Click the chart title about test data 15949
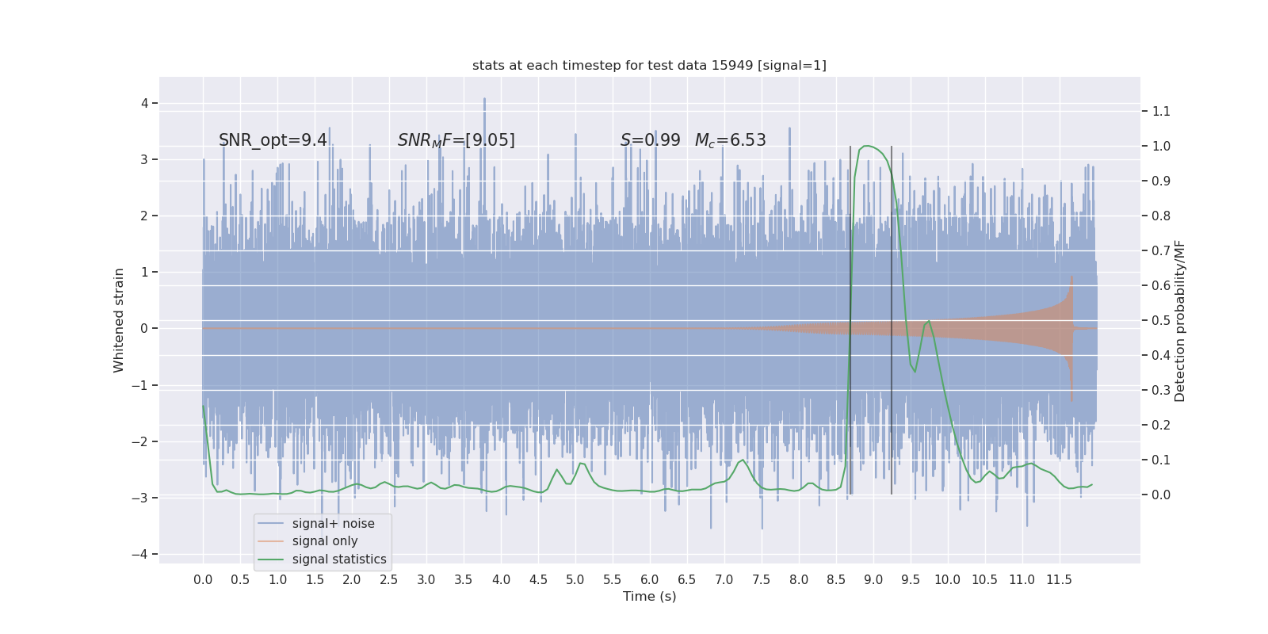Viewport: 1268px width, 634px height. pyautogui.click(x=649, y=66)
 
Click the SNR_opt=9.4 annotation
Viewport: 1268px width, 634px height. pyautogui.click(x=273, y=140)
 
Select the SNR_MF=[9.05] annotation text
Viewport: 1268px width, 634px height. pyautogui.click(x=456, y=140)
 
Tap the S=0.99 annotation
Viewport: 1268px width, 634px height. pyautogui.click(x=650, y=140)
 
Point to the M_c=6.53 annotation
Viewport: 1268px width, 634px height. pyautogui.click(x=730, y=140)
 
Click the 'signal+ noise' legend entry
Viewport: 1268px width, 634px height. pyautogui.click(x=333, y=524)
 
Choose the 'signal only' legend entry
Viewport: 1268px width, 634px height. pyautogui.click(x=324, y=541)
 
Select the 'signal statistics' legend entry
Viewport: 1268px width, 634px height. pyautogui.click(x=338, y=560)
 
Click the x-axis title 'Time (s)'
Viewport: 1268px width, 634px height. pyautogui.click(x=649, y=596)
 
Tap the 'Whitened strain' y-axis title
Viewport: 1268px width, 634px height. pyautogui.click(x=119, y=320)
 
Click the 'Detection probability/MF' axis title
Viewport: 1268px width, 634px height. pyautogui.click(x=1180, y=320)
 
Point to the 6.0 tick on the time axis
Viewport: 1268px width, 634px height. pyautogui.click(x=649, y=579)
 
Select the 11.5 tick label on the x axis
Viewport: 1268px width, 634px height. pyautogui.click(x=1059, y=579)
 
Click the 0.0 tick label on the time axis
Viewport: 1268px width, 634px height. pyautogui.click(x=203, y=579)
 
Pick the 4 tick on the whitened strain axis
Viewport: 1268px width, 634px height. pyautogui.click(x=144, y=103)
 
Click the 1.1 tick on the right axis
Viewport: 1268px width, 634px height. pyautogui.click(x=1160, y=112)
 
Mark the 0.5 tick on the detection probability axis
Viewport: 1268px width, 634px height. pyautogui.click(x=1160, y=320)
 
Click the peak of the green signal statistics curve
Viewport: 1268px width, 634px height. pyautogui.click(x=867, y=146)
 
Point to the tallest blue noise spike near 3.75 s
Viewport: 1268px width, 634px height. pyautogui.click(x=484, y=100)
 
